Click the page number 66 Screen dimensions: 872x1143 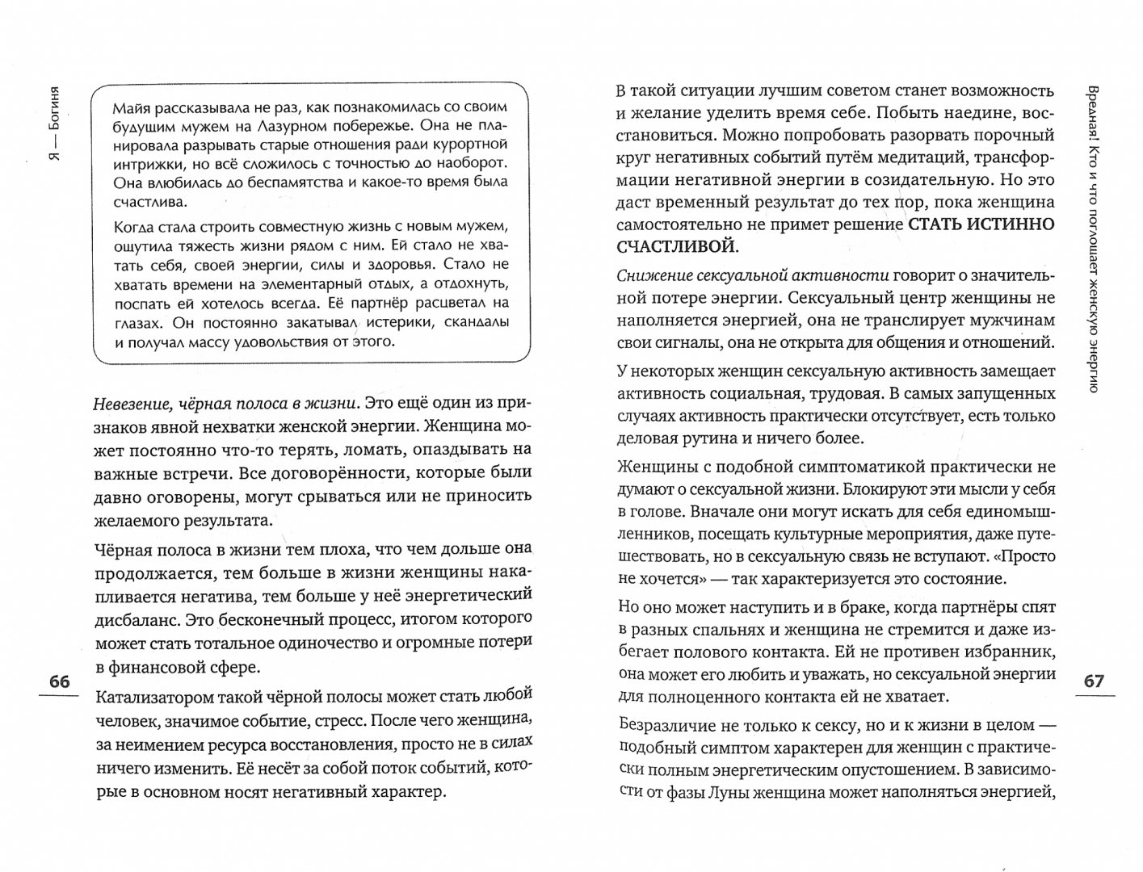click(60, 682)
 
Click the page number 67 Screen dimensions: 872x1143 click(1093, 681)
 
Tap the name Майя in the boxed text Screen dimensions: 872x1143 click(132, 107)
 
